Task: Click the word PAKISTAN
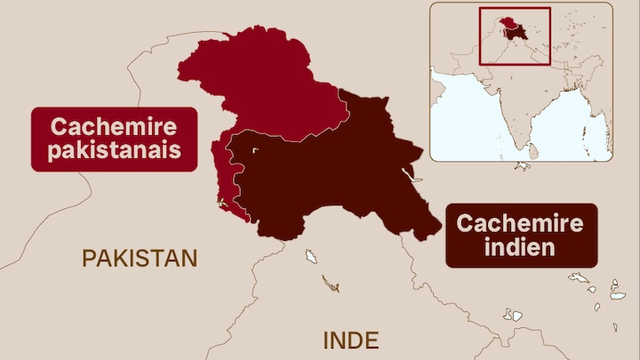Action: coord(140,259)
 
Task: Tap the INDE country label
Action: coord(350,340)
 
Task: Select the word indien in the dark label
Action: coord(520,247)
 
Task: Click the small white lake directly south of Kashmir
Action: coord(312,258)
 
